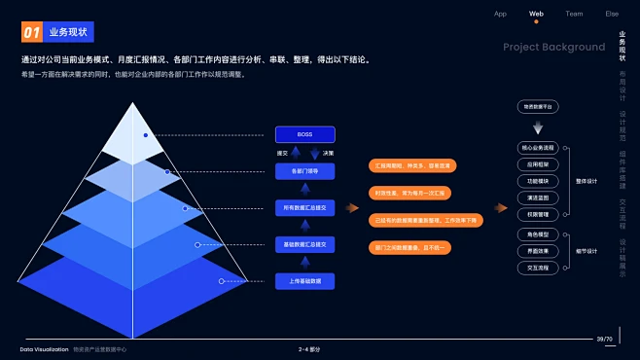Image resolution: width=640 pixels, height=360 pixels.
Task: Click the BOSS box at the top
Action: pos(304,134)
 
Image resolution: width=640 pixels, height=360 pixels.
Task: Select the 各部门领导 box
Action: pos(304,170)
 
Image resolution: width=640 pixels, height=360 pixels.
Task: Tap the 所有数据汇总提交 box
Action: pos(304,207)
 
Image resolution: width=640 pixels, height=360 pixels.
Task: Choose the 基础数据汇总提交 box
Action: pos(304,243)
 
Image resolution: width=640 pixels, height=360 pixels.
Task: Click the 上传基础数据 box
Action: pos(304,281)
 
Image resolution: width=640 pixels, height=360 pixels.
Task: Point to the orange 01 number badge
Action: pos(31,33)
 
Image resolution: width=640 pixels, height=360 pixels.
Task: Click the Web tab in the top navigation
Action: pos(536,14)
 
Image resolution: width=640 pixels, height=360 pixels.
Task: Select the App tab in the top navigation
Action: pos(500,14)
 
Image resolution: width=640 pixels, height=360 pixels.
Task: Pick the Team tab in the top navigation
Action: pos(574,14)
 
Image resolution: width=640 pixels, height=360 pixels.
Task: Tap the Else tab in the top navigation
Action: pos(612,14)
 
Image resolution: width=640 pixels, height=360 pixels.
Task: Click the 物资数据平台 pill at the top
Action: pos(538,106)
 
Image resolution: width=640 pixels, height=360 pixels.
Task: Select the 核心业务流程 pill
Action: pos(538,148)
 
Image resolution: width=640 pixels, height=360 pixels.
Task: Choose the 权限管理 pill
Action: pos(538,214)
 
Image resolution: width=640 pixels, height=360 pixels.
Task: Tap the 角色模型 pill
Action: pos(538,234)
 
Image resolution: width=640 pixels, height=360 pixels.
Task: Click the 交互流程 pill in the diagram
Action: pos(538,267)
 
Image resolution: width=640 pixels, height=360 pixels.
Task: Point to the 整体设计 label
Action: pos(587,181)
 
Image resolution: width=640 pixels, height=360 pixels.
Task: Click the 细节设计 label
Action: pos(587,250)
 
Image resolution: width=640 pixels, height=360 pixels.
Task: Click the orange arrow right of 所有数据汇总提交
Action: pos(353,207)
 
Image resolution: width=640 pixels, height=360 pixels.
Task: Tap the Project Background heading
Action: pos(553,47)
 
